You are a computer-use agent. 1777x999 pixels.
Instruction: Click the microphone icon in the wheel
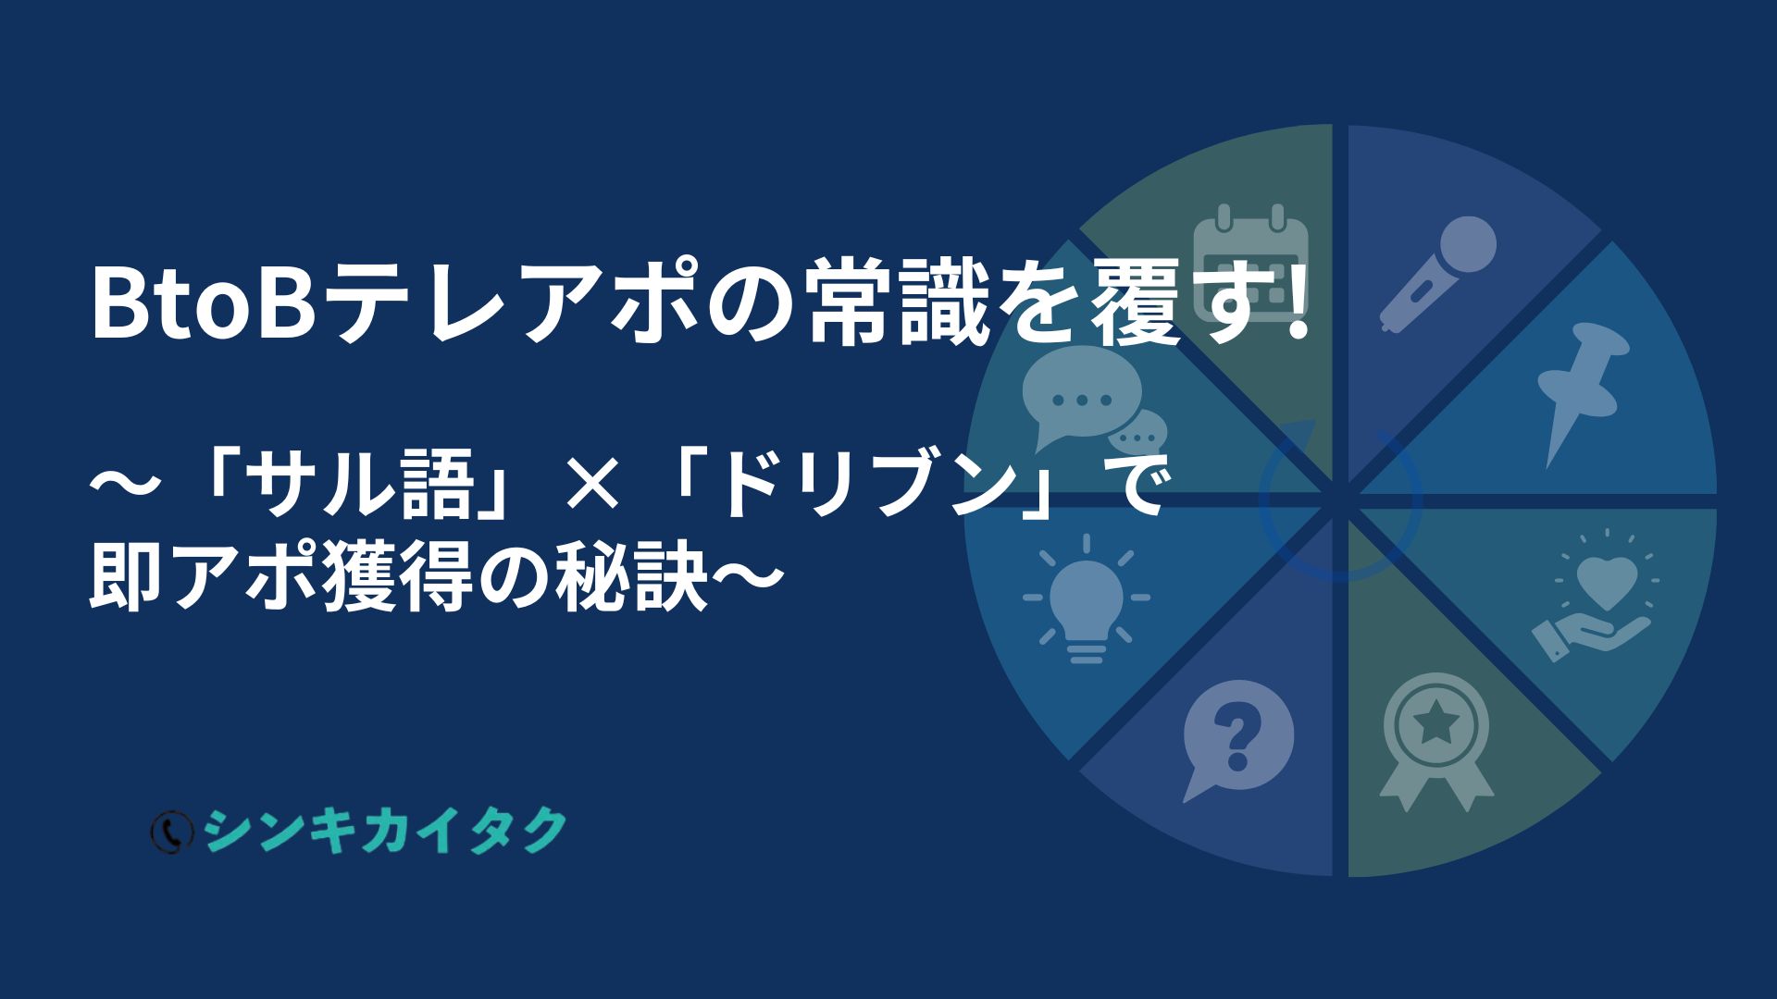(1437, 275)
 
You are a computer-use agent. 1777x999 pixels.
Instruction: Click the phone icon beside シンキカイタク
(170, 832)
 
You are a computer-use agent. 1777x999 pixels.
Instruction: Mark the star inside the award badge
(1435, 722)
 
